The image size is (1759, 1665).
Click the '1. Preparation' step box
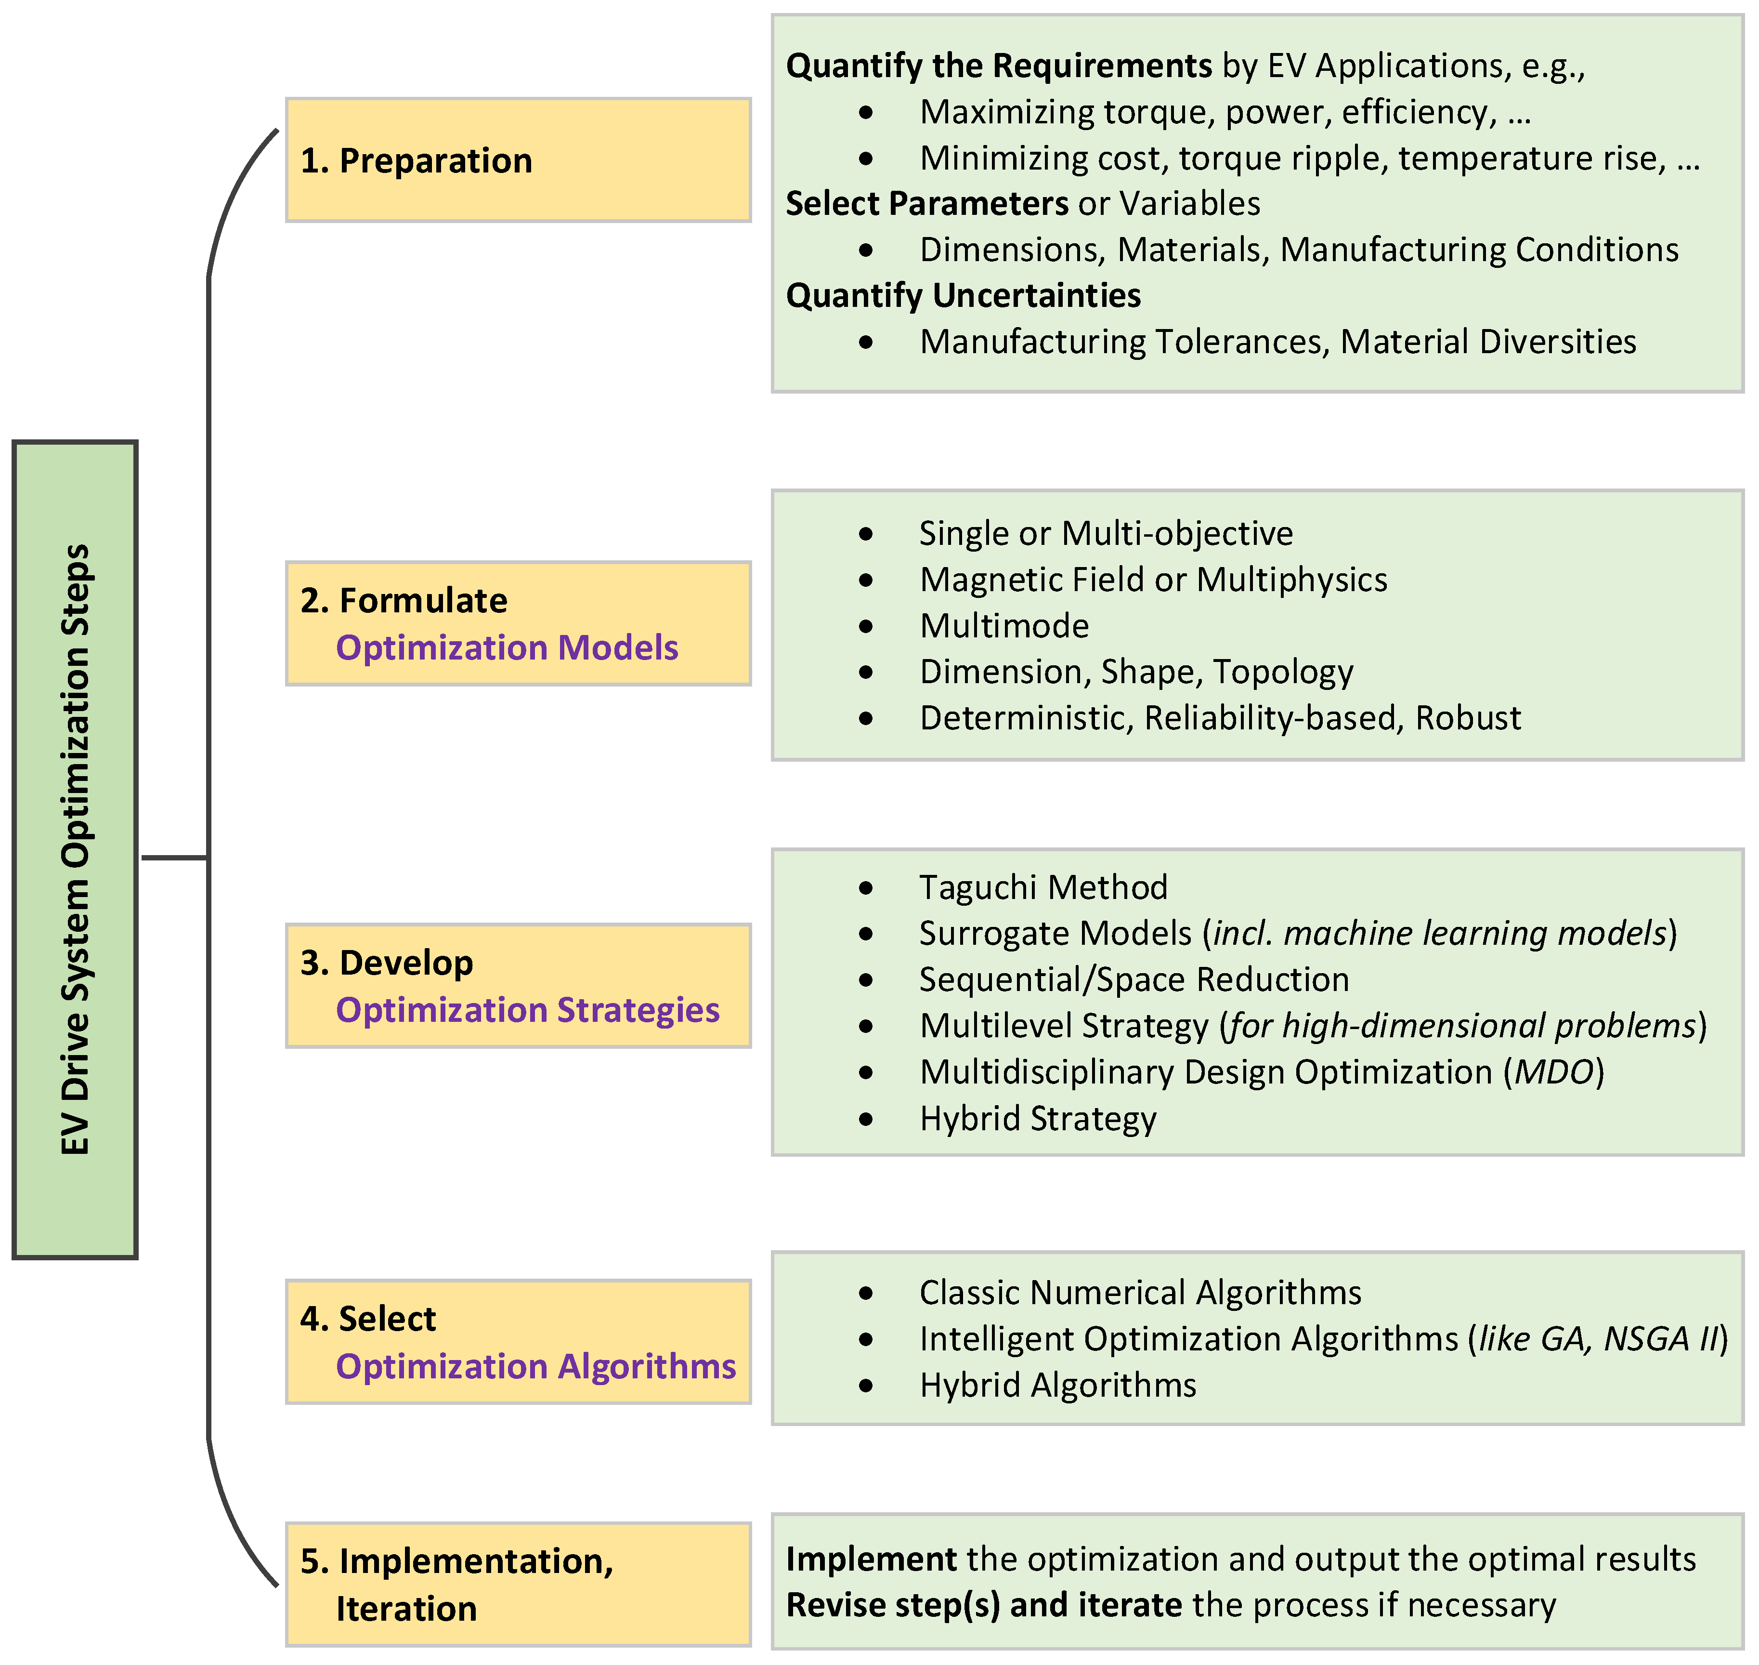coord(518,160)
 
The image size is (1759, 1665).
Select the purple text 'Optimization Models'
coord(507,648)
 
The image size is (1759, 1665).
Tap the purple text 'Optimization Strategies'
coord(527,1010)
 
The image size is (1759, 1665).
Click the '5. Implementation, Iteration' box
coord(518,1584)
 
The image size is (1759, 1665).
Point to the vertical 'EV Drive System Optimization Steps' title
coord(76,849)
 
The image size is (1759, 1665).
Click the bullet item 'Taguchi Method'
coord(1042,887)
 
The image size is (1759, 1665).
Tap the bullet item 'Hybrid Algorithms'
coord(1057,1385)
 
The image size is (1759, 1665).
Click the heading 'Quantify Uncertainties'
coord(964,295)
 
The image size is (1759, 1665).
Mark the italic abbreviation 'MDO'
coord(1554,1072)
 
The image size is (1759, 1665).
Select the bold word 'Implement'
coord(871,1559)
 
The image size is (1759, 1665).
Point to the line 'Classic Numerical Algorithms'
coord(1140,1292)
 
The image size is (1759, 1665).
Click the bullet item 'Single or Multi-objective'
coord(1105,533)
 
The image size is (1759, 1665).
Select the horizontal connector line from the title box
coord(175,858)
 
